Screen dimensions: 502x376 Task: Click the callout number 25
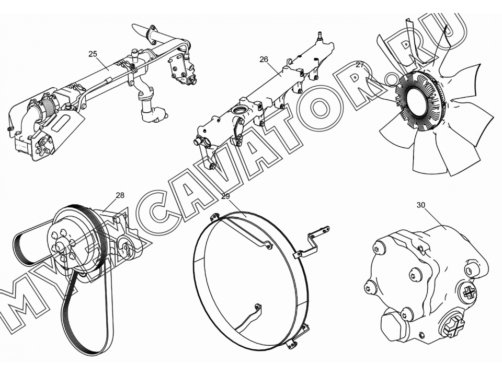point(93,54)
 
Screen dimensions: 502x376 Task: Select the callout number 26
point(264,60)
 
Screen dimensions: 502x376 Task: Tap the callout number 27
point(360,65)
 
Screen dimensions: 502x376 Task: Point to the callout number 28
point(120,195)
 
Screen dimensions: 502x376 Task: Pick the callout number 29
point(226,196)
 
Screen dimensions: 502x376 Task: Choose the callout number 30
point(421,205)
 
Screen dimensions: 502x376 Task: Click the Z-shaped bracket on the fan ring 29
point(311,239)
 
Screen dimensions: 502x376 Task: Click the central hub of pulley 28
point(59,248)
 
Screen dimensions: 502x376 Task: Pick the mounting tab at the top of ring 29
point(214,218)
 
